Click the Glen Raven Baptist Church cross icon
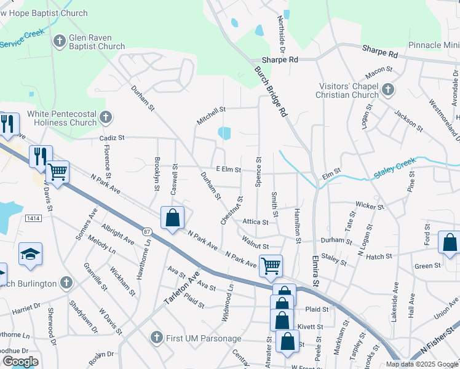pyautogui.click(x=60, y=41)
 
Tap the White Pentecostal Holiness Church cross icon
pyautogui.click(x=106, y=117)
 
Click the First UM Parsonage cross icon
pyautogui.click(x=156, y=337)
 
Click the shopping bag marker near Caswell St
pyautogui.click(x=173, y=218)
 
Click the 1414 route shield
pyautogui.click(x=33, y=218)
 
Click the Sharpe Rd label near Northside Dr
pyautogui.click(x=280, y=60)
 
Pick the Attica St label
pyautogui.click(x=255, y=221)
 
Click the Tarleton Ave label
pyautogui.click(x=181, y=289)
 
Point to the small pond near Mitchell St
pyautogui.click(x=224, y=133)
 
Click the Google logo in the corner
pyautogui.click(x=20, y=362)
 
